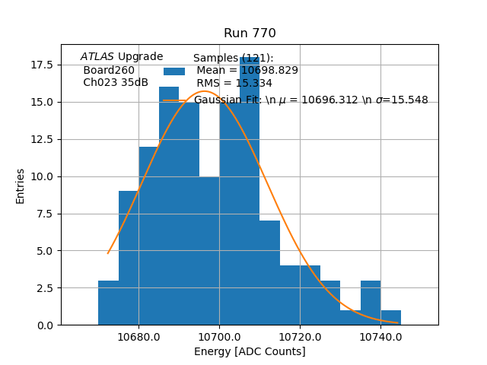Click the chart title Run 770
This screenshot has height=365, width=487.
[x=250, y=33]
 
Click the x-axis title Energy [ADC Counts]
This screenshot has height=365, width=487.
[x=250, y=351]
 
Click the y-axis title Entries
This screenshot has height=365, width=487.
[x=21, y=186]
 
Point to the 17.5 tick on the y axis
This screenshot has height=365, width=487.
[x=42, y=65]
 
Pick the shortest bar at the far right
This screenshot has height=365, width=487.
[x=390, y=318]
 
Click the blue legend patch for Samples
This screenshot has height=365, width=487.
[x=174, y=71]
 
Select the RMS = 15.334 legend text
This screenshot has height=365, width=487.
[x=234, y=83]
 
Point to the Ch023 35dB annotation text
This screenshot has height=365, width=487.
[x=116, y=82]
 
